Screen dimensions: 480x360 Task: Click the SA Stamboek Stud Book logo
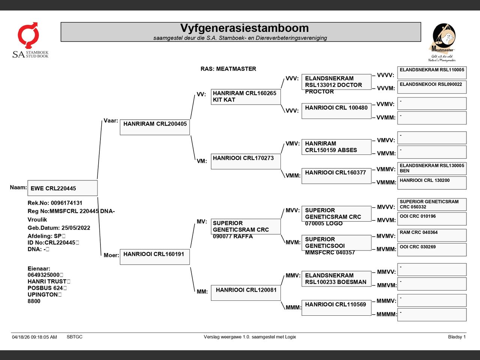[x=30, y=40]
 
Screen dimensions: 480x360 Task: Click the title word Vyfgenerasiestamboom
[x=244, y=28]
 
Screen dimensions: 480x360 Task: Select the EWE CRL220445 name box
[x=63, y=188]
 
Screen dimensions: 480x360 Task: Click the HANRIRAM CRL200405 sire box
[x=155, y=127]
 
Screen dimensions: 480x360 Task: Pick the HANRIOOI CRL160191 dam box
[x=155, y=257]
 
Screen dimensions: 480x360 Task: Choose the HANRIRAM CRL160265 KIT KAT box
[x=246, y=97]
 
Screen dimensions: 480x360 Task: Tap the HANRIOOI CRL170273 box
[x=246, y=162]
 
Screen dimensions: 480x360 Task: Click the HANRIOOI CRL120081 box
[x=246, y=293]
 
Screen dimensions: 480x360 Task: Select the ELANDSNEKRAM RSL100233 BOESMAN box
[x=336, y=279]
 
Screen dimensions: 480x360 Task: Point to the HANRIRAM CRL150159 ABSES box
[x=336, y=147]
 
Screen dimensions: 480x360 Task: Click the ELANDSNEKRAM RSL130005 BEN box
[x=432, y=168]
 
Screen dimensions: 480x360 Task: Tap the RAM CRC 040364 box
[x=432, y=235]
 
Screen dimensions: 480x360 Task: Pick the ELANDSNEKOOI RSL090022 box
[x=432, y=87]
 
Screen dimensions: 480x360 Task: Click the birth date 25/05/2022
[x=76, y=228]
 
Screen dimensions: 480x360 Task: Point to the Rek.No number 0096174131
[x=66, y=203]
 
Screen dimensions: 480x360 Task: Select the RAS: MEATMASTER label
[x=228, y=69]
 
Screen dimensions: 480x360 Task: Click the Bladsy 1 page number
[x=457, y=337]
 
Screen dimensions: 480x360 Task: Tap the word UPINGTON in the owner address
[x=43, y=294]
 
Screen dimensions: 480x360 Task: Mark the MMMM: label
[x=387, y=314]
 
